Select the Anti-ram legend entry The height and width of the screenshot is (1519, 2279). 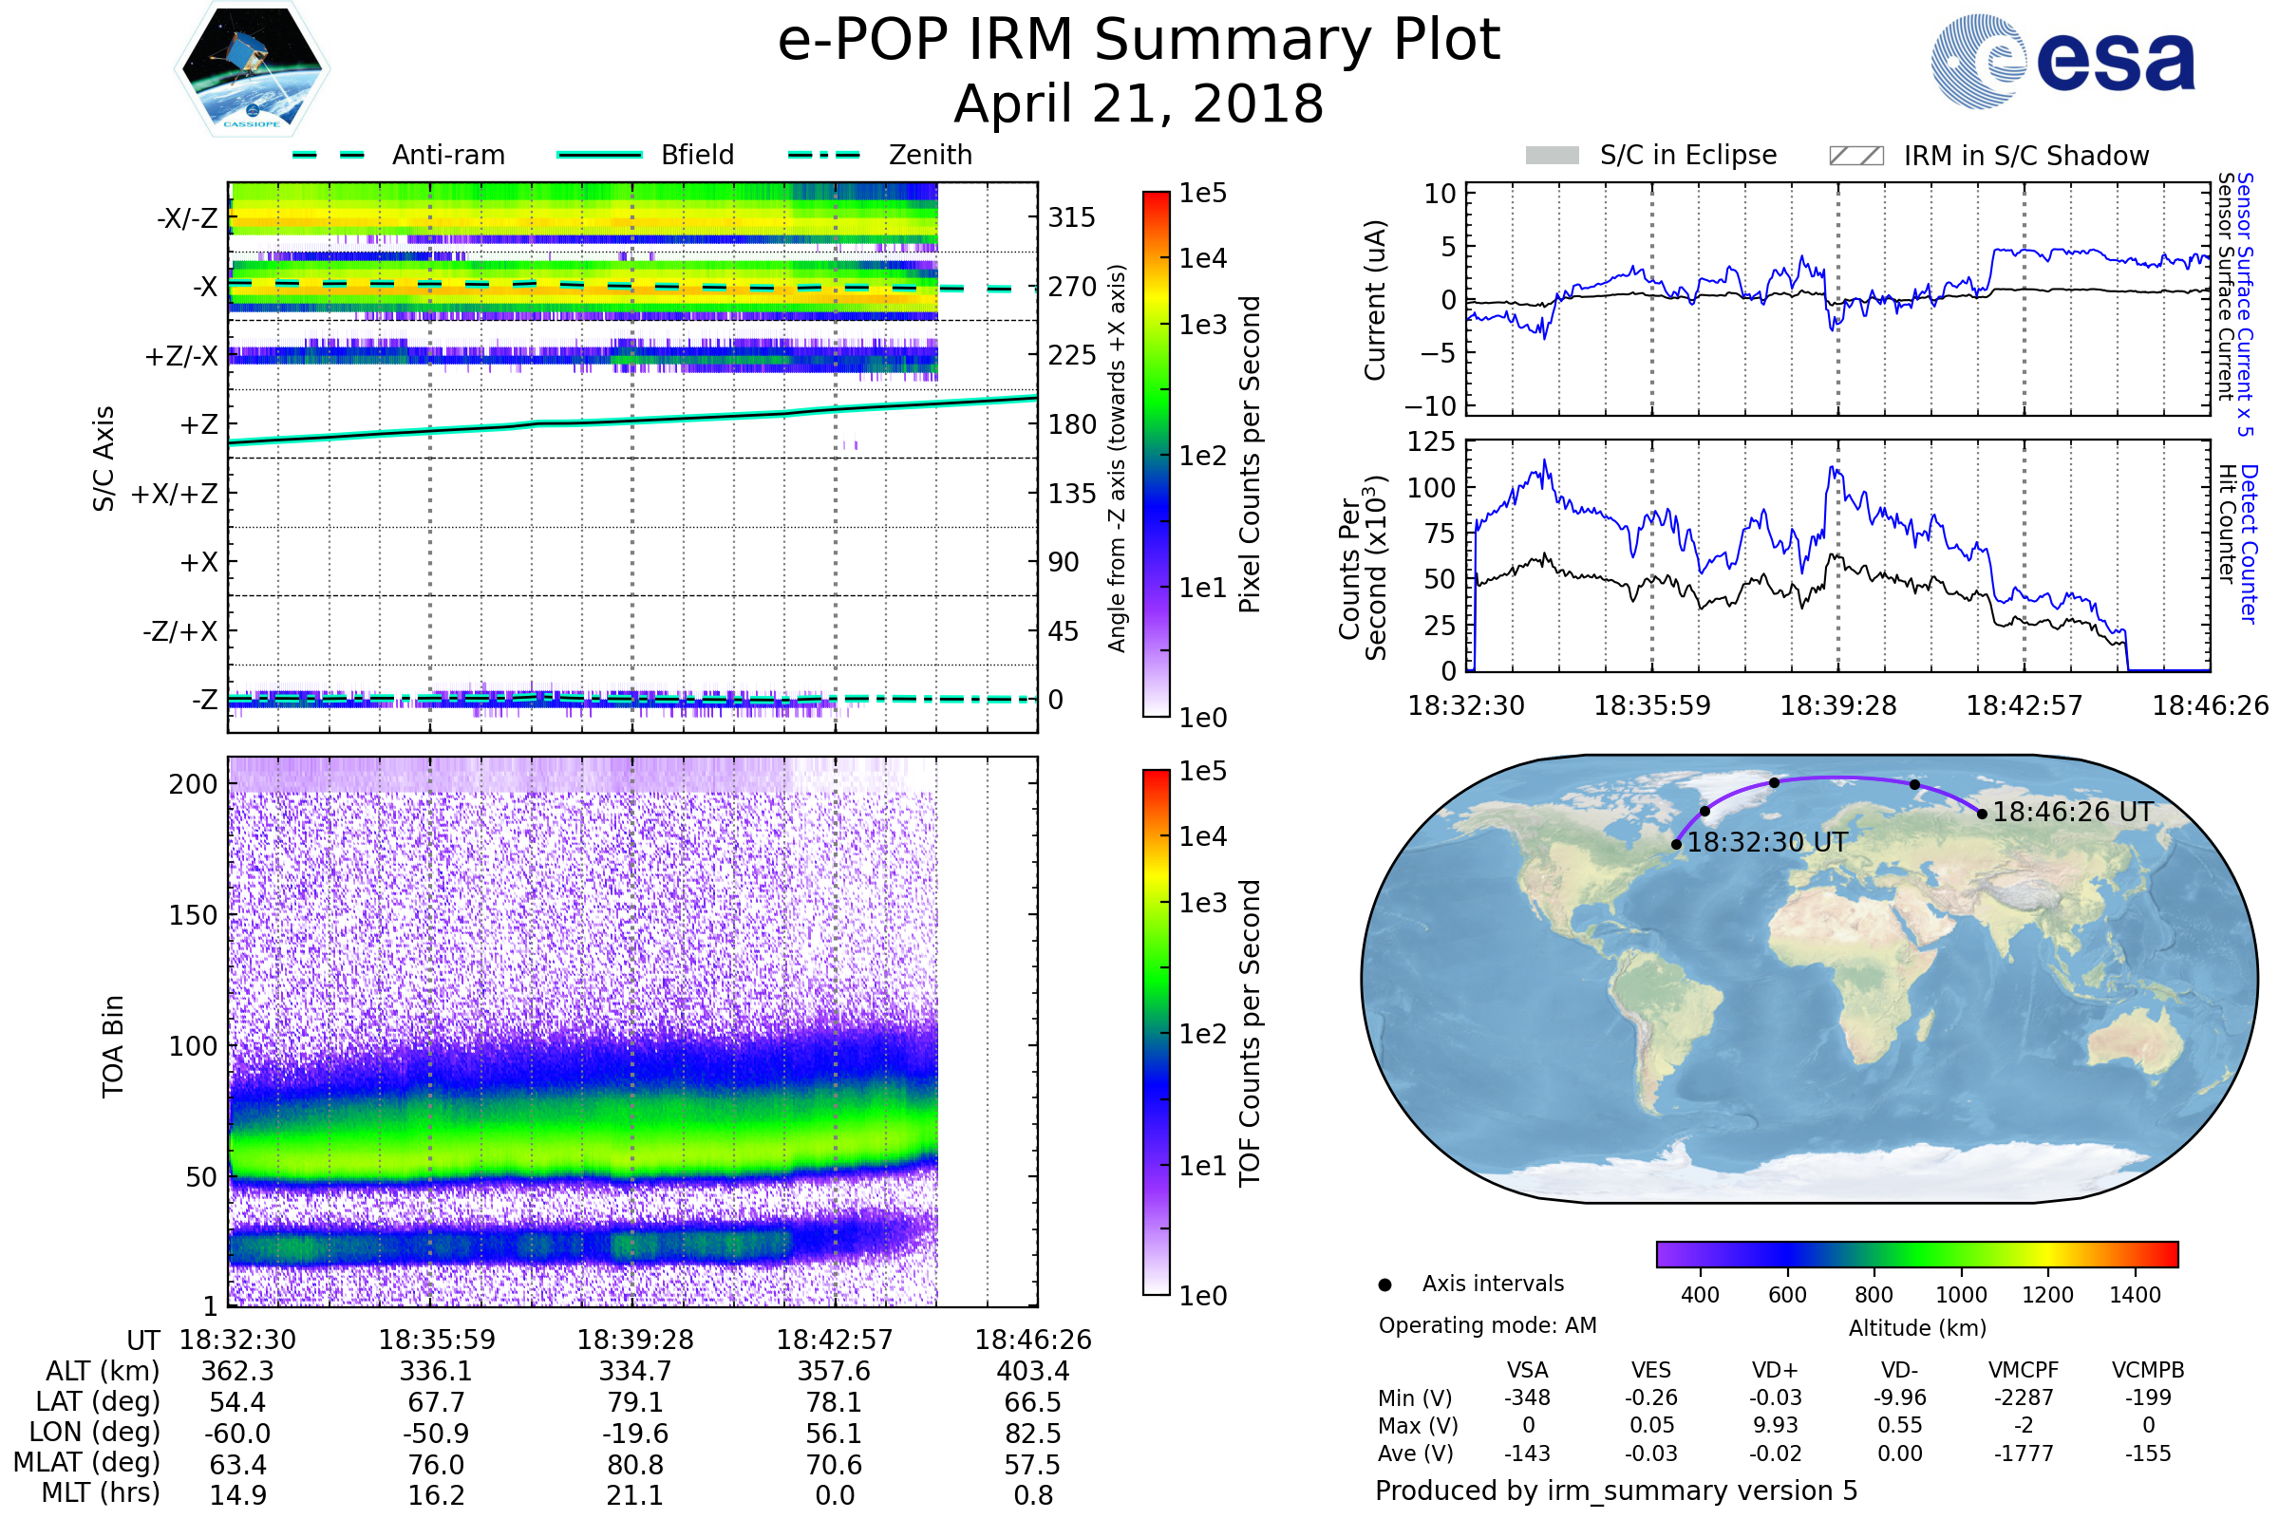click(447, 155)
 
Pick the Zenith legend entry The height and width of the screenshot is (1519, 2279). click(930, 155)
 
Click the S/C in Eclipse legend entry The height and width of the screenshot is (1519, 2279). click(1687, 155)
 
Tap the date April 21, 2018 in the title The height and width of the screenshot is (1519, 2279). click(1139, 103)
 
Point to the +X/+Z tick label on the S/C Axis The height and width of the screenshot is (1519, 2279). click(175, 494)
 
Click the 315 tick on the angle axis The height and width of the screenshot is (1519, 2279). click(1071, 217)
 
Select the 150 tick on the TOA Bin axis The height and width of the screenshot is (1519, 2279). click(193, 915)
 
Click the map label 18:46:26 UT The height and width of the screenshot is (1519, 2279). click(2072, 812)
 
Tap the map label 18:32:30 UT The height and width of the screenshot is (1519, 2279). click(1766, 843)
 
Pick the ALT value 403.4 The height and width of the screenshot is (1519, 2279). click(1032, 1371)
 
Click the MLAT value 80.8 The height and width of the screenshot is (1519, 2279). click(634, 1464)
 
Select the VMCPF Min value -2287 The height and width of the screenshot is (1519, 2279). click(2024, 1397)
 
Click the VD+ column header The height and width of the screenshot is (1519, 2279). click(1774, 1370)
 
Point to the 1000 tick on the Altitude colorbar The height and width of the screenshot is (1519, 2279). click(1960, 1295)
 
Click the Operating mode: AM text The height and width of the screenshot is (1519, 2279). click(1486, 1325)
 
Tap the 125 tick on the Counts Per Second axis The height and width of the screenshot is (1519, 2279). click(1431, 441)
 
